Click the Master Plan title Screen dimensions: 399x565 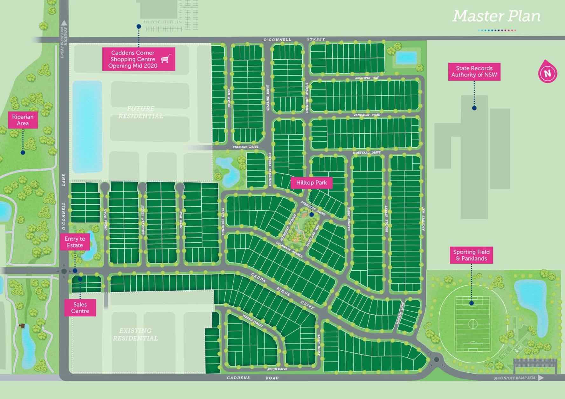click(x=496, y=16)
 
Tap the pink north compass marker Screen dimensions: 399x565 click(x=547, y=73)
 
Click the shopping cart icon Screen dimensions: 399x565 click(x=166, y=59)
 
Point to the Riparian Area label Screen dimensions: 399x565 click(x=23, y=120)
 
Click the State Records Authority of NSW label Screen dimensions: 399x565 click(x=474, y=71)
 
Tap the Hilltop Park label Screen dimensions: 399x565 click(x=311, y=183)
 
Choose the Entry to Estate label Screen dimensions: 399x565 click(x=75, y=242)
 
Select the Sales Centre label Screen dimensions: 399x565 click(x=80, y=308)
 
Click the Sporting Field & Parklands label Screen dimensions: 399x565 click(x=471, y=255)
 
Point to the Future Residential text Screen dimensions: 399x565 click(x=141, y=112)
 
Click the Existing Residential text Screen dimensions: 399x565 click(x=135, y=334)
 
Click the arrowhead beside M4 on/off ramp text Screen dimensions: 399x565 click(x=541, y=378)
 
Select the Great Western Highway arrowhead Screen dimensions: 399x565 click(x=64, y=23)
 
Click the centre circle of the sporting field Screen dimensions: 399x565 click(x=473, y=324)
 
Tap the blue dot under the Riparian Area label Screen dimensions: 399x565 click(x=23, y=152)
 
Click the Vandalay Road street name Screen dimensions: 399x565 click(x=367, y=115)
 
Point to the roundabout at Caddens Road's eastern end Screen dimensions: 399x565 click(x=437, y=360)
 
